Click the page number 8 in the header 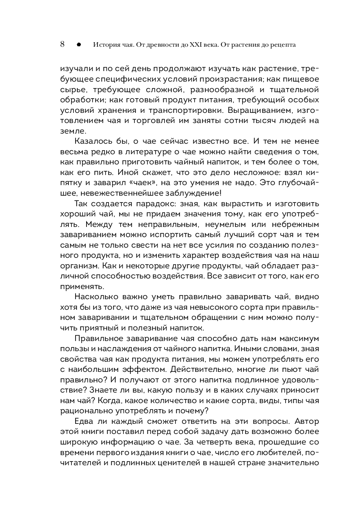pyautogui.click(x=63, y=44)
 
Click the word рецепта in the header pyautogui.click(x=280, y=45)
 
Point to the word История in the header pyautogui.click(x=106, y=45)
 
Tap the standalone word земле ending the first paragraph pyautogui.click(x=73, y=131)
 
